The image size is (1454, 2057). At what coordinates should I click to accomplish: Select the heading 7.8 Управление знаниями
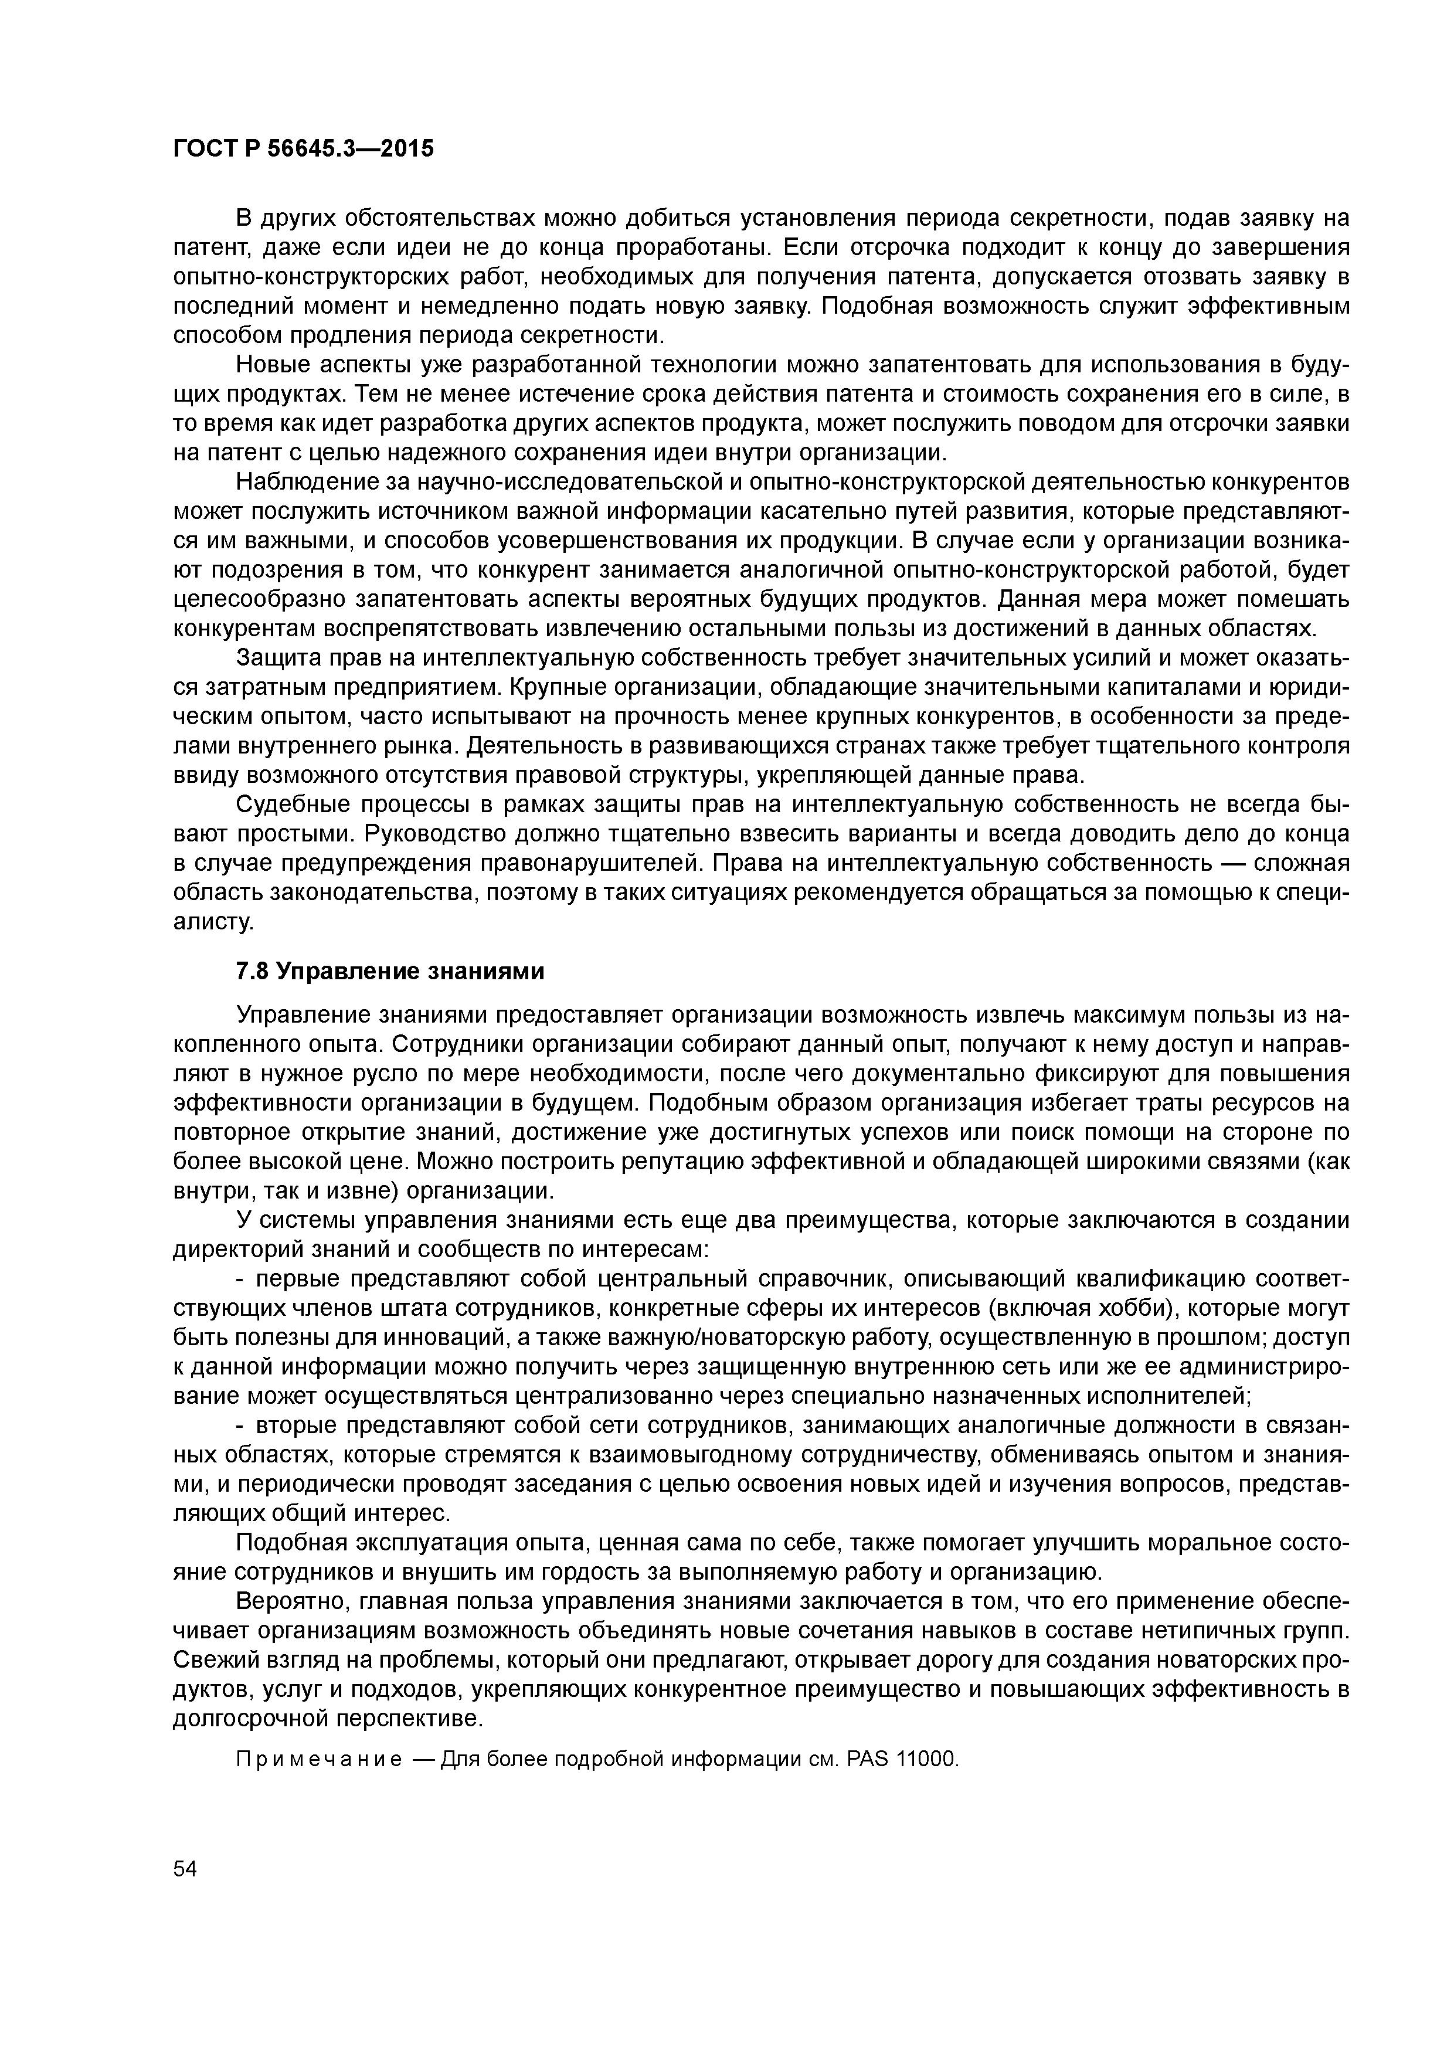coord(390,972)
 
